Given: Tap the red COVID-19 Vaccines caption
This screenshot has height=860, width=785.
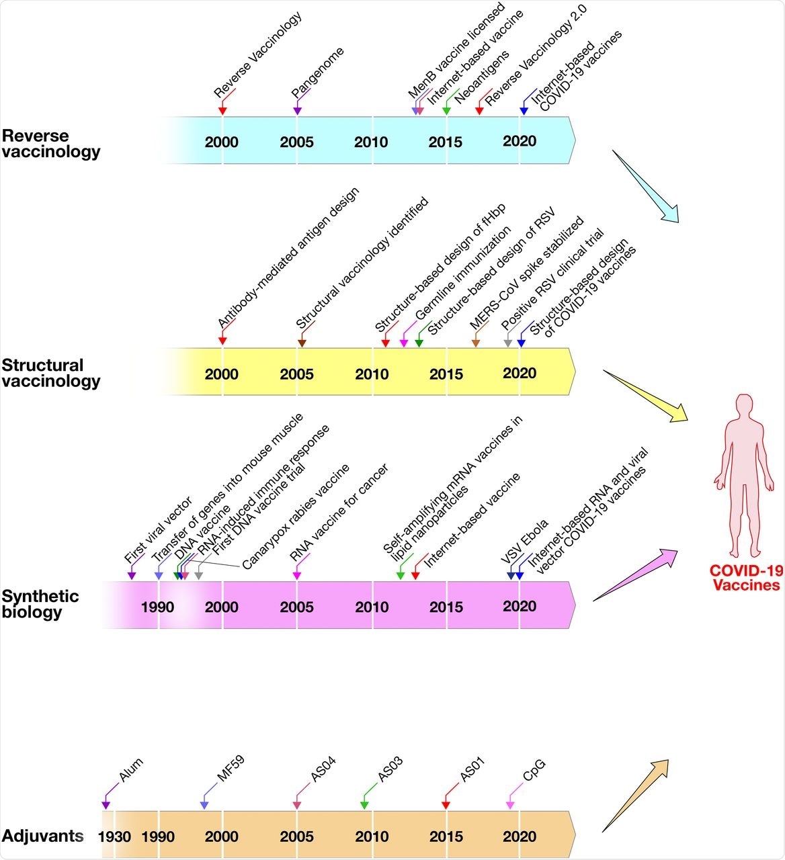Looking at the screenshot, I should click(746, 578).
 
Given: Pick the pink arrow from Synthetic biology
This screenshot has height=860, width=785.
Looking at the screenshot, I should click(635, 574).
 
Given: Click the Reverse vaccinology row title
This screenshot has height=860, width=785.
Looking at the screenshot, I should click(51, 143).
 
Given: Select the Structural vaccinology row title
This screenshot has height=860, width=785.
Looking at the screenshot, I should click(51, 373).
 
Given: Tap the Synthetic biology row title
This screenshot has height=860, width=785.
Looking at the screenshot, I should click(40, 603).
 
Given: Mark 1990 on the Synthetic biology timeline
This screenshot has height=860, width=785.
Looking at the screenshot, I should click(157, 607).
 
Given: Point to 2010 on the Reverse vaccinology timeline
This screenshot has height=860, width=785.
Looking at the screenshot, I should click(371, 142).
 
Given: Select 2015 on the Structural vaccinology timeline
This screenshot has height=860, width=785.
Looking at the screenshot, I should click(446, 374).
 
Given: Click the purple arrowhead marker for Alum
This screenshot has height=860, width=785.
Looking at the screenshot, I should click(106, 805).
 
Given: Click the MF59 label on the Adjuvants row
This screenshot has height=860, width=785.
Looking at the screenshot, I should click(230, 769).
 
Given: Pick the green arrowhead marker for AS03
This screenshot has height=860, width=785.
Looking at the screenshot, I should click(364, 805).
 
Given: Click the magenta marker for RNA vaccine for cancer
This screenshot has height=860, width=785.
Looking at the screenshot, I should click(296, 575).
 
